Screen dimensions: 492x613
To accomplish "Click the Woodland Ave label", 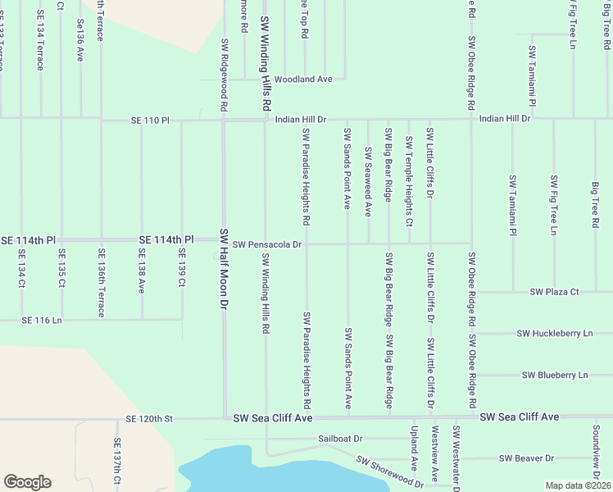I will click(x=302, y=80).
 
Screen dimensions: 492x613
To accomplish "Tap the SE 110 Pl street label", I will click(x=149, y=120).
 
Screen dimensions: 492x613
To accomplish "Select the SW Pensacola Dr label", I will click(x=267, y=244).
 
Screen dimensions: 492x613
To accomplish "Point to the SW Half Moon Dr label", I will click(x=222, y=268).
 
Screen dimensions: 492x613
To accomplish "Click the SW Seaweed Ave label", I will click(x=369, y=182).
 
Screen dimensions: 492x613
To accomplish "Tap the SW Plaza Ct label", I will click(x=554, y=291).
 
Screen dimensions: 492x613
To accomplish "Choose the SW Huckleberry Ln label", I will click(x=554, y=334).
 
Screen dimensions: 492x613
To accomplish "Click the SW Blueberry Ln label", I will click(x=555, y=375).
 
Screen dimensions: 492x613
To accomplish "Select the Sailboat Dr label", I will click(x=340, y=439).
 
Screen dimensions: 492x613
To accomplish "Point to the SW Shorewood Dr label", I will click(x=389, y=470).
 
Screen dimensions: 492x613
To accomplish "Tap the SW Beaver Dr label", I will click(x=526, y=458).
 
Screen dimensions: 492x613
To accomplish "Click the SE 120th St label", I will click(x=149, y=418).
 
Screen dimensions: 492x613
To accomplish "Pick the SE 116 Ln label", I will click(x=42, y=319).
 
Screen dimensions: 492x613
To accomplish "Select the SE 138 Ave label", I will click(x=141, y=273).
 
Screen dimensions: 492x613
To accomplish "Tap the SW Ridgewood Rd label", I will click(x=223, y=75).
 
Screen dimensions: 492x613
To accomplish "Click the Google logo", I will click(x=27, y=482).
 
